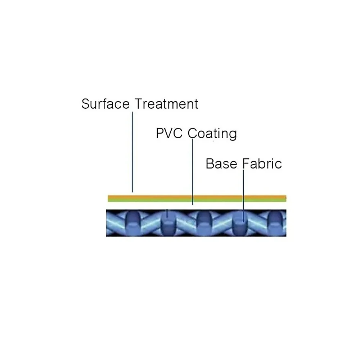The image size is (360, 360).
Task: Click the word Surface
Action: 105,104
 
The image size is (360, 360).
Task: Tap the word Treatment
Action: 166,104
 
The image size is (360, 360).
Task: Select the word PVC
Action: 170,134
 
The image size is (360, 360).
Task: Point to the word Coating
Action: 213,134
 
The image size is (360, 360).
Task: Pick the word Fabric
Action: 262,164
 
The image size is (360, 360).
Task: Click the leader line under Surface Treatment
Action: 132,151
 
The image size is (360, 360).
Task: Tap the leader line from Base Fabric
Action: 244,191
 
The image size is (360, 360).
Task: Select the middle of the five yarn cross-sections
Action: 203,222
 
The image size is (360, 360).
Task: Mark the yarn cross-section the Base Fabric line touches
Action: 239,223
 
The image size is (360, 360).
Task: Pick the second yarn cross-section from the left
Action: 167,223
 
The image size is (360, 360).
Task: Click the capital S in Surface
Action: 85,104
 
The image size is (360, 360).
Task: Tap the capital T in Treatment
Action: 139,104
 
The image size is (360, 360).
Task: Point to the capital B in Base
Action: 210,164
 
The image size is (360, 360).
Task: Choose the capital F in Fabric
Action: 246,164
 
